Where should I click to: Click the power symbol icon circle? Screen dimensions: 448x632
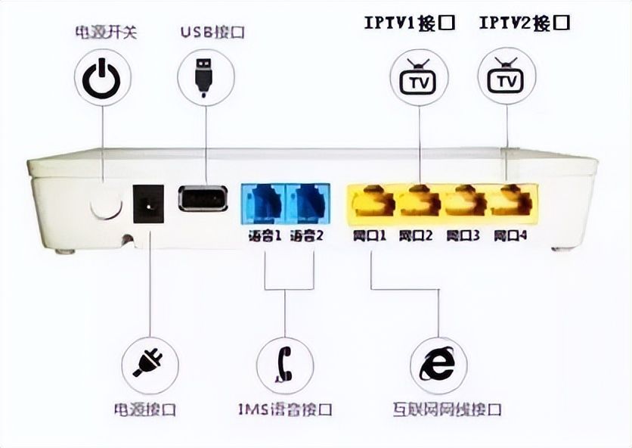tap(102, 78)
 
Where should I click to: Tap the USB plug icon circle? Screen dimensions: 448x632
tap(205, 78)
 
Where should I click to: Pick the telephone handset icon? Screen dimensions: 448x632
tap(284, 364)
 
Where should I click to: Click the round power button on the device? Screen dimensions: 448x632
tap(106, 201)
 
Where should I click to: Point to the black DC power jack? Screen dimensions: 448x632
tap(148, 204)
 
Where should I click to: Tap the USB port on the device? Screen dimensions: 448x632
tap(203, 199)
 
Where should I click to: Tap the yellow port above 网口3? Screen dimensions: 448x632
tap(463, 201)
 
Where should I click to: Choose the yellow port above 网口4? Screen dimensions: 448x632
tap(509, 201)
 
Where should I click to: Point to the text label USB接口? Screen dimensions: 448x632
tap(212, 33)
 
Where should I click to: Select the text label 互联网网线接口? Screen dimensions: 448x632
tap(446, 409)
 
